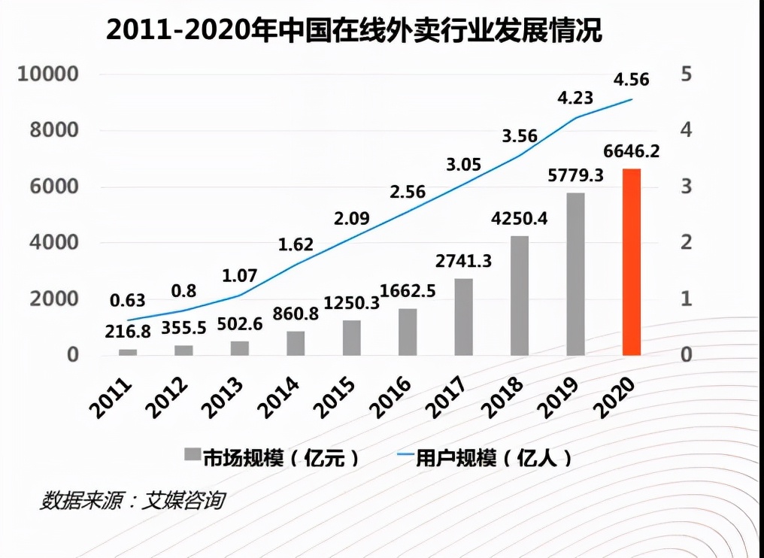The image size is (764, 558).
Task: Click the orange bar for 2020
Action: coord(632,262)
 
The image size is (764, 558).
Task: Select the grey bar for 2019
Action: coord(575,274)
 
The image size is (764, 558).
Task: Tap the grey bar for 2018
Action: coord(520,296)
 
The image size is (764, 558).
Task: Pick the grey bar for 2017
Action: coord(464,317)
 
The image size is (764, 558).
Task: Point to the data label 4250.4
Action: coord(520,220)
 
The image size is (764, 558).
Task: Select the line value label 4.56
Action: coord(632,79)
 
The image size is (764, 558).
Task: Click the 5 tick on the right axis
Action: coord(686,74)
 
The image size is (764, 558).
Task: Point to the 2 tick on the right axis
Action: coord(686,243)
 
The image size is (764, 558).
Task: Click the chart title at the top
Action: coord(353,31)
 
